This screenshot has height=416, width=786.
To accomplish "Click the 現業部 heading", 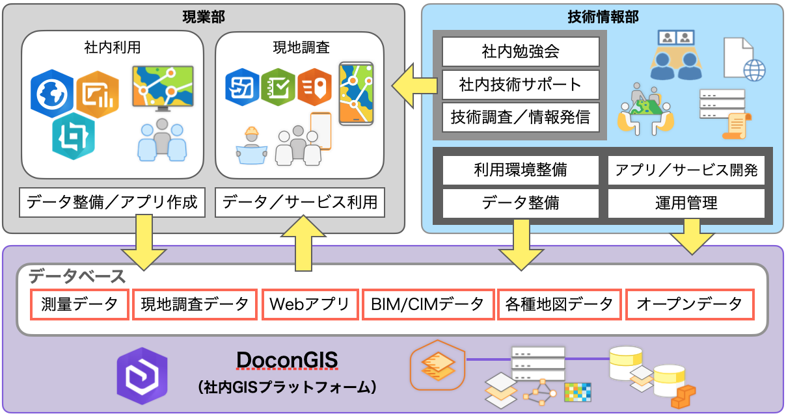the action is (204, 17).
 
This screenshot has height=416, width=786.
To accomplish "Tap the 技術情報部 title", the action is (603, 17).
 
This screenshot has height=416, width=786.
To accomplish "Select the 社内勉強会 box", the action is (521, 51).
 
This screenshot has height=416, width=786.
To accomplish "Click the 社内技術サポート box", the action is (521, 84).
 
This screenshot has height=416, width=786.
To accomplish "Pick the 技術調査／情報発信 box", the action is (521, 117).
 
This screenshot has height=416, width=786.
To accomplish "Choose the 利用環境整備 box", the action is (521, 170).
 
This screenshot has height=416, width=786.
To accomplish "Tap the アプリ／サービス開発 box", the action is (686, 170).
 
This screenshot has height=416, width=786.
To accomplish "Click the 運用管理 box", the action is (686, 203).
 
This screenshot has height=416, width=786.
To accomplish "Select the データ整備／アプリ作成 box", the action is (113, 202).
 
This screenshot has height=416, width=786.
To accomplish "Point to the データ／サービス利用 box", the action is (300, 202).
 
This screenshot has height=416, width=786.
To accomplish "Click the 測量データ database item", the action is (79, 304).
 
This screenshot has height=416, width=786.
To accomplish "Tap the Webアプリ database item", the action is (310, 304).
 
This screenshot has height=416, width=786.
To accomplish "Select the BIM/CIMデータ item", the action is (427, 304).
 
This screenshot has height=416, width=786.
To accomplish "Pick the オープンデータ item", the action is (690, 304).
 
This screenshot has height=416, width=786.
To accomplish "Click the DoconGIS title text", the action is (287, 360).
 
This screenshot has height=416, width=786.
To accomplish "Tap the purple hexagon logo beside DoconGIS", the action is (142, 376).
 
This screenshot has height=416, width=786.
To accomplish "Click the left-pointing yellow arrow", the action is (414, 85).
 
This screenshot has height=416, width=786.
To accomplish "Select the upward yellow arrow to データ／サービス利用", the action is (303, 243).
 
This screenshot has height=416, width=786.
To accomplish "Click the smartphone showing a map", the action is (356, 94).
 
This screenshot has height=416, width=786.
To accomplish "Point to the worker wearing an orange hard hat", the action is (252, 146).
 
